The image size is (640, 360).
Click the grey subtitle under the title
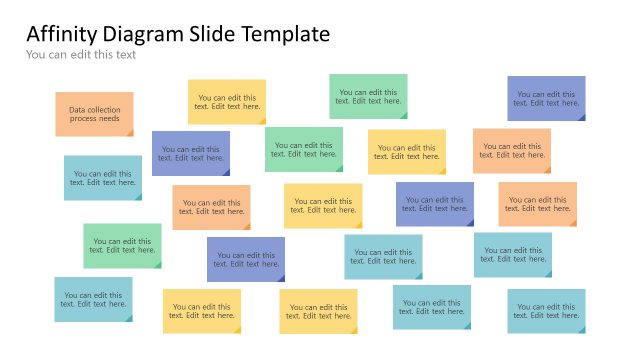pyautogui.click(x=81, y=55)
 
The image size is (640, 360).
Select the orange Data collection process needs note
pyautogui.click(x=94, y=114)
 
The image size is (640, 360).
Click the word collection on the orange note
pyautogui.click(x=104, y=109)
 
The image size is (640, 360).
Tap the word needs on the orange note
pyautogui.click(x=109, y=119)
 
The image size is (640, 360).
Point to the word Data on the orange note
pyautogui.click(x=77, y=109)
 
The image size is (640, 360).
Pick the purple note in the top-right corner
pyautogui.click(x=546, y=98)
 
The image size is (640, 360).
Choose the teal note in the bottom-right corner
pyautogui.click(x=546, y=310)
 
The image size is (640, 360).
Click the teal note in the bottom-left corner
pyautogui.click(x=93, y=299)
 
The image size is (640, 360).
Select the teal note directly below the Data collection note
pyautogui.click(x=103, y=177)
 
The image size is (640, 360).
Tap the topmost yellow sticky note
pyautogui.click(x=227, y=102)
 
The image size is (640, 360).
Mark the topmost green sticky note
pyautogui.click(x=368, y=96)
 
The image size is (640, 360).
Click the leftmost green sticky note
pyautogui.click(x=122, y=245)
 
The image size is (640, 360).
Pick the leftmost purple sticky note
pyautogui.click(x=190, y=153)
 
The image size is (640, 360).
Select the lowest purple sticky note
pyautogui.click(x=245, y=259)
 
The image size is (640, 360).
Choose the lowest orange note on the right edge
pyautogui.click(x=537, y=204)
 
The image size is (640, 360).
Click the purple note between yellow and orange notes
pyautogui.click(x=434, y=204)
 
